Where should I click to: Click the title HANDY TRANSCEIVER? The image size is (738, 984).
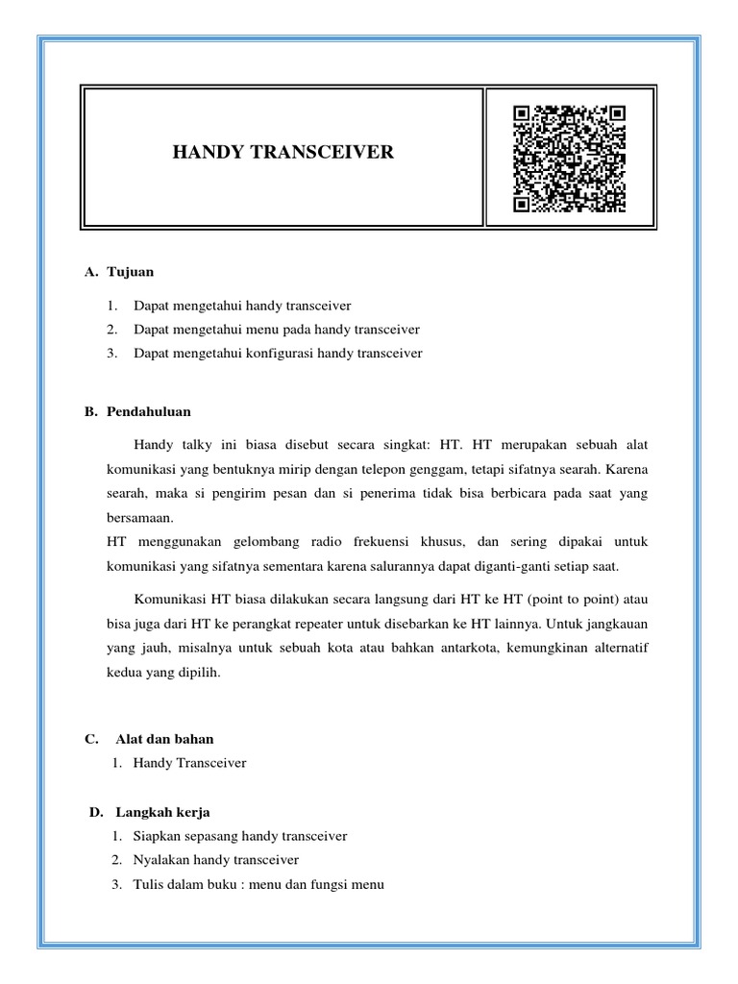[283, 153]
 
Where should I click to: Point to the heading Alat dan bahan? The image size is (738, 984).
[164, 739]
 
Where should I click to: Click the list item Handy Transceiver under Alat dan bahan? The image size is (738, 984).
[190, 763]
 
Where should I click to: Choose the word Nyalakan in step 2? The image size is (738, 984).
[163, 860]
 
